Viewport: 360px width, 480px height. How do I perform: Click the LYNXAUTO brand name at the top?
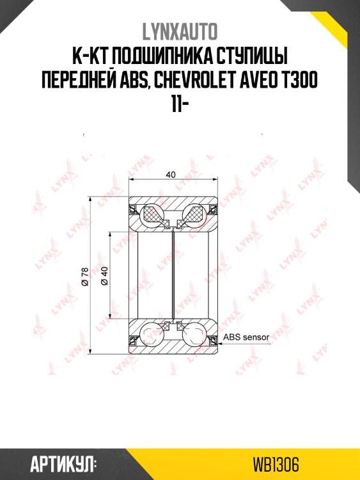click(x=180, y=31)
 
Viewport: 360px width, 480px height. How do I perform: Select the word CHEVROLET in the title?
click(x=194, y=81)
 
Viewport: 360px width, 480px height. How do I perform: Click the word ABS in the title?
click(x=135, y=81)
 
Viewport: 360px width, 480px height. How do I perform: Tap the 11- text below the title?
click(x=180, y=106)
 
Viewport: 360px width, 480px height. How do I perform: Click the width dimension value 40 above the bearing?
click(x=171, y=175)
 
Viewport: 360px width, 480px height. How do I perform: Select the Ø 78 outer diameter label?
click(x=85, y=276)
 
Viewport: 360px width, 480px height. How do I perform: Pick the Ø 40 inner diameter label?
click(x=104, y=276)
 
